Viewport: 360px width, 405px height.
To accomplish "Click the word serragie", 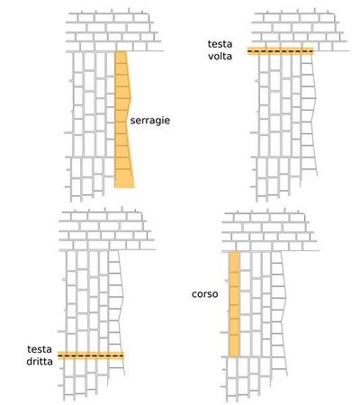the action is pos(150,121).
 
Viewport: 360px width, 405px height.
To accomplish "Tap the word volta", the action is pos(220,56).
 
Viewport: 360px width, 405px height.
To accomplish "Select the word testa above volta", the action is pos(220,44).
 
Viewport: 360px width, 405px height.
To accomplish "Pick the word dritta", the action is pos(40,362).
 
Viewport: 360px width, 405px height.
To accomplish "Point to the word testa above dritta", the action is pos(40,349).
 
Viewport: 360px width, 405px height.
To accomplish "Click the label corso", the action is pos(205,294).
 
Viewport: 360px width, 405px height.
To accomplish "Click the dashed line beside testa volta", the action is pos(281,51).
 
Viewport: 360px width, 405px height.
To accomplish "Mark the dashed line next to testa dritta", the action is pos(91,355).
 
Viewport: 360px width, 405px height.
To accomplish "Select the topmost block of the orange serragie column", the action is pos(121,58).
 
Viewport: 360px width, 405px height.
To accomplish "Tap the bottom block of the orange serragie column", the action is pos(124,178).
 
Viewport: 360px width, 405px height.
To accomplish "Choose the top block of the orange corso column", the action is pos(235,262).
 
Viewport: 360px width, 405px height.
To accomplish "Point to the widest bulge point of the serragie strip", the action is pos(131,98).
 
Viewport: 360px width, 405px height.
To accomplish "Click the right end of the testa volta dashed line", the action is pos(313,51).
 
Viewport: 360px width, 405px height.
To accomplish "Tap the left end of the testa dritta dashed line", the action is pos(58,355).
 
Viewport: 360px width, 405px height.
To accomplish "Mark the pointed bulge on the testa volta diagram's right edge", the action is pos(315,98).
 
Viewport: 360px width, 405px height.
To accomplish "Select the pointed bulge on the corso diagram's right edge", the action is pos(285,298).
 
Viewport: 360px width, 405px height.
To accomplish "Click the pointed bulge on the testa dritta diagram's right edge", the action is pos(123,297).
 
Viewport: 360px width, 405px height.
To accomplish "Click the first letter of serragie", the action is pos(132,121).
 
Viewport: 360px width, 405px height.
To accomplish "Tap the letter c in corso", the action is pos(194,294).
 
